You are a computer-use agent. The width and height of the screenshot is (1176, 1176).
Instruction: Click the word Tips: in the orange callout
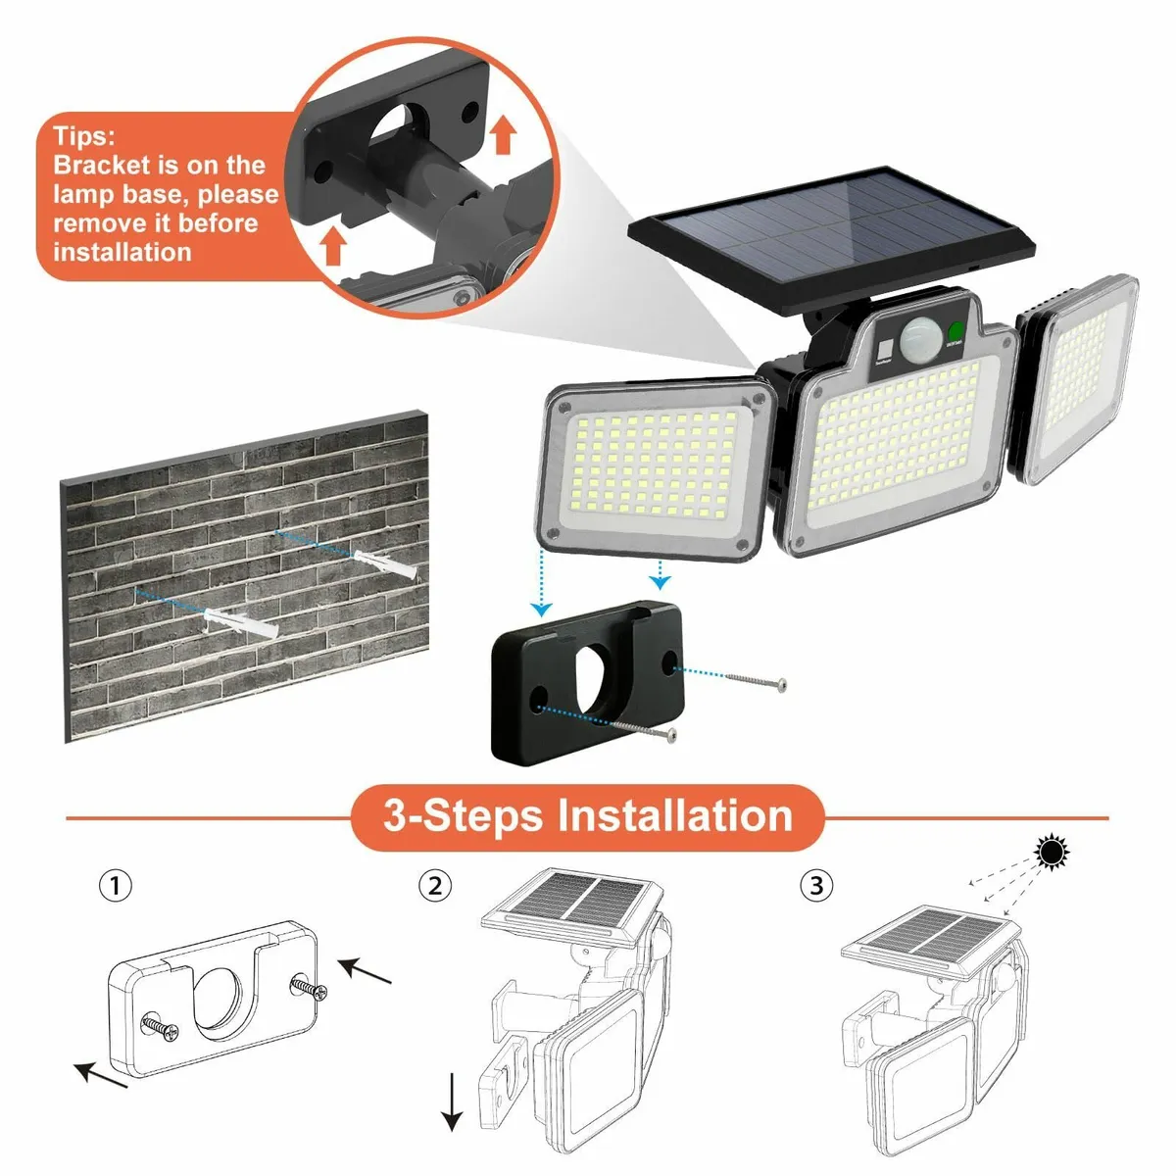coord(84,136)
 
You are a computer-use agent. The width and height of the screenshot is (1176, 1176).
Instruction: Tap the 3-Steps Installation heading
coord(587,816)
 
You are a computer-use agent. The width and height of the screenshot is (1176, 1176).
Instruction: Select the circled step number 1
coord(116,887)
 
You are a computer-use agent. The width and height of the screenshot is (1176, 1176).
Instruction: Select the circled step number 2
coord(435,887)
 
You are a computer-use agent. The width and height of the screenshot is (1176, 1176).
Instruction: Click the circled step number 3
coord(816,887)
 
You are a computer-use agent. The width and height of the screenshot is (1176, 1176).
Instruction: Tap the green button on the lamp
coord(955,333)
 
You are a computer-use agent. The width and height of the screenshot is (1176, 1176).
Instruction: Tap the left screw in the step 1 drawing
coord(160,1027)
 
